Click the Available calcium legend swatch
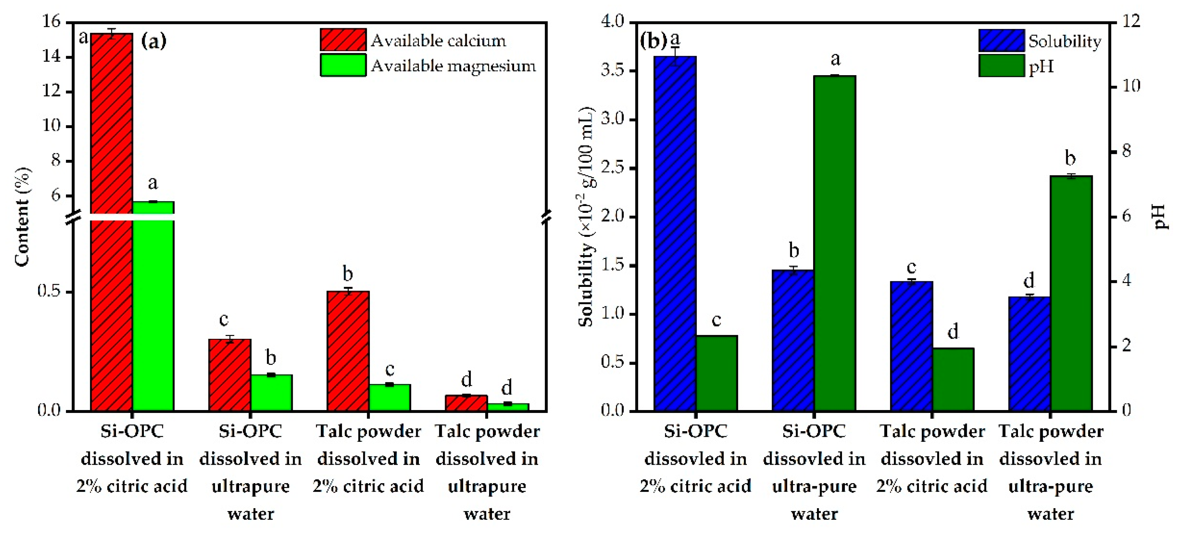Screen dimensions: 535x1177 pos(343,40)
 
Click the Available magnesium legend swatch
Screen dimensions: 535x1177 pos(343,65)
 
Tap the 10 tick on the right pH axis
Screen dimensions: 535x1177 pos(1130,86)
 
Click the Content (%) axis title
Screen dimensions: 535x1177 pos(22,217)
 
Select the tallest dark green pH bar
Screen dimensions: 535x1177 pos(834,242)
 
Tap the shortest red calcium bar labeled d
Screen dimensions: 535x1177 pos(466,402)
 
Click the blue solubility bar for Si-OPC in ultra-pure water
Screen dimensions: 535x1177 pos(793,340)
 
